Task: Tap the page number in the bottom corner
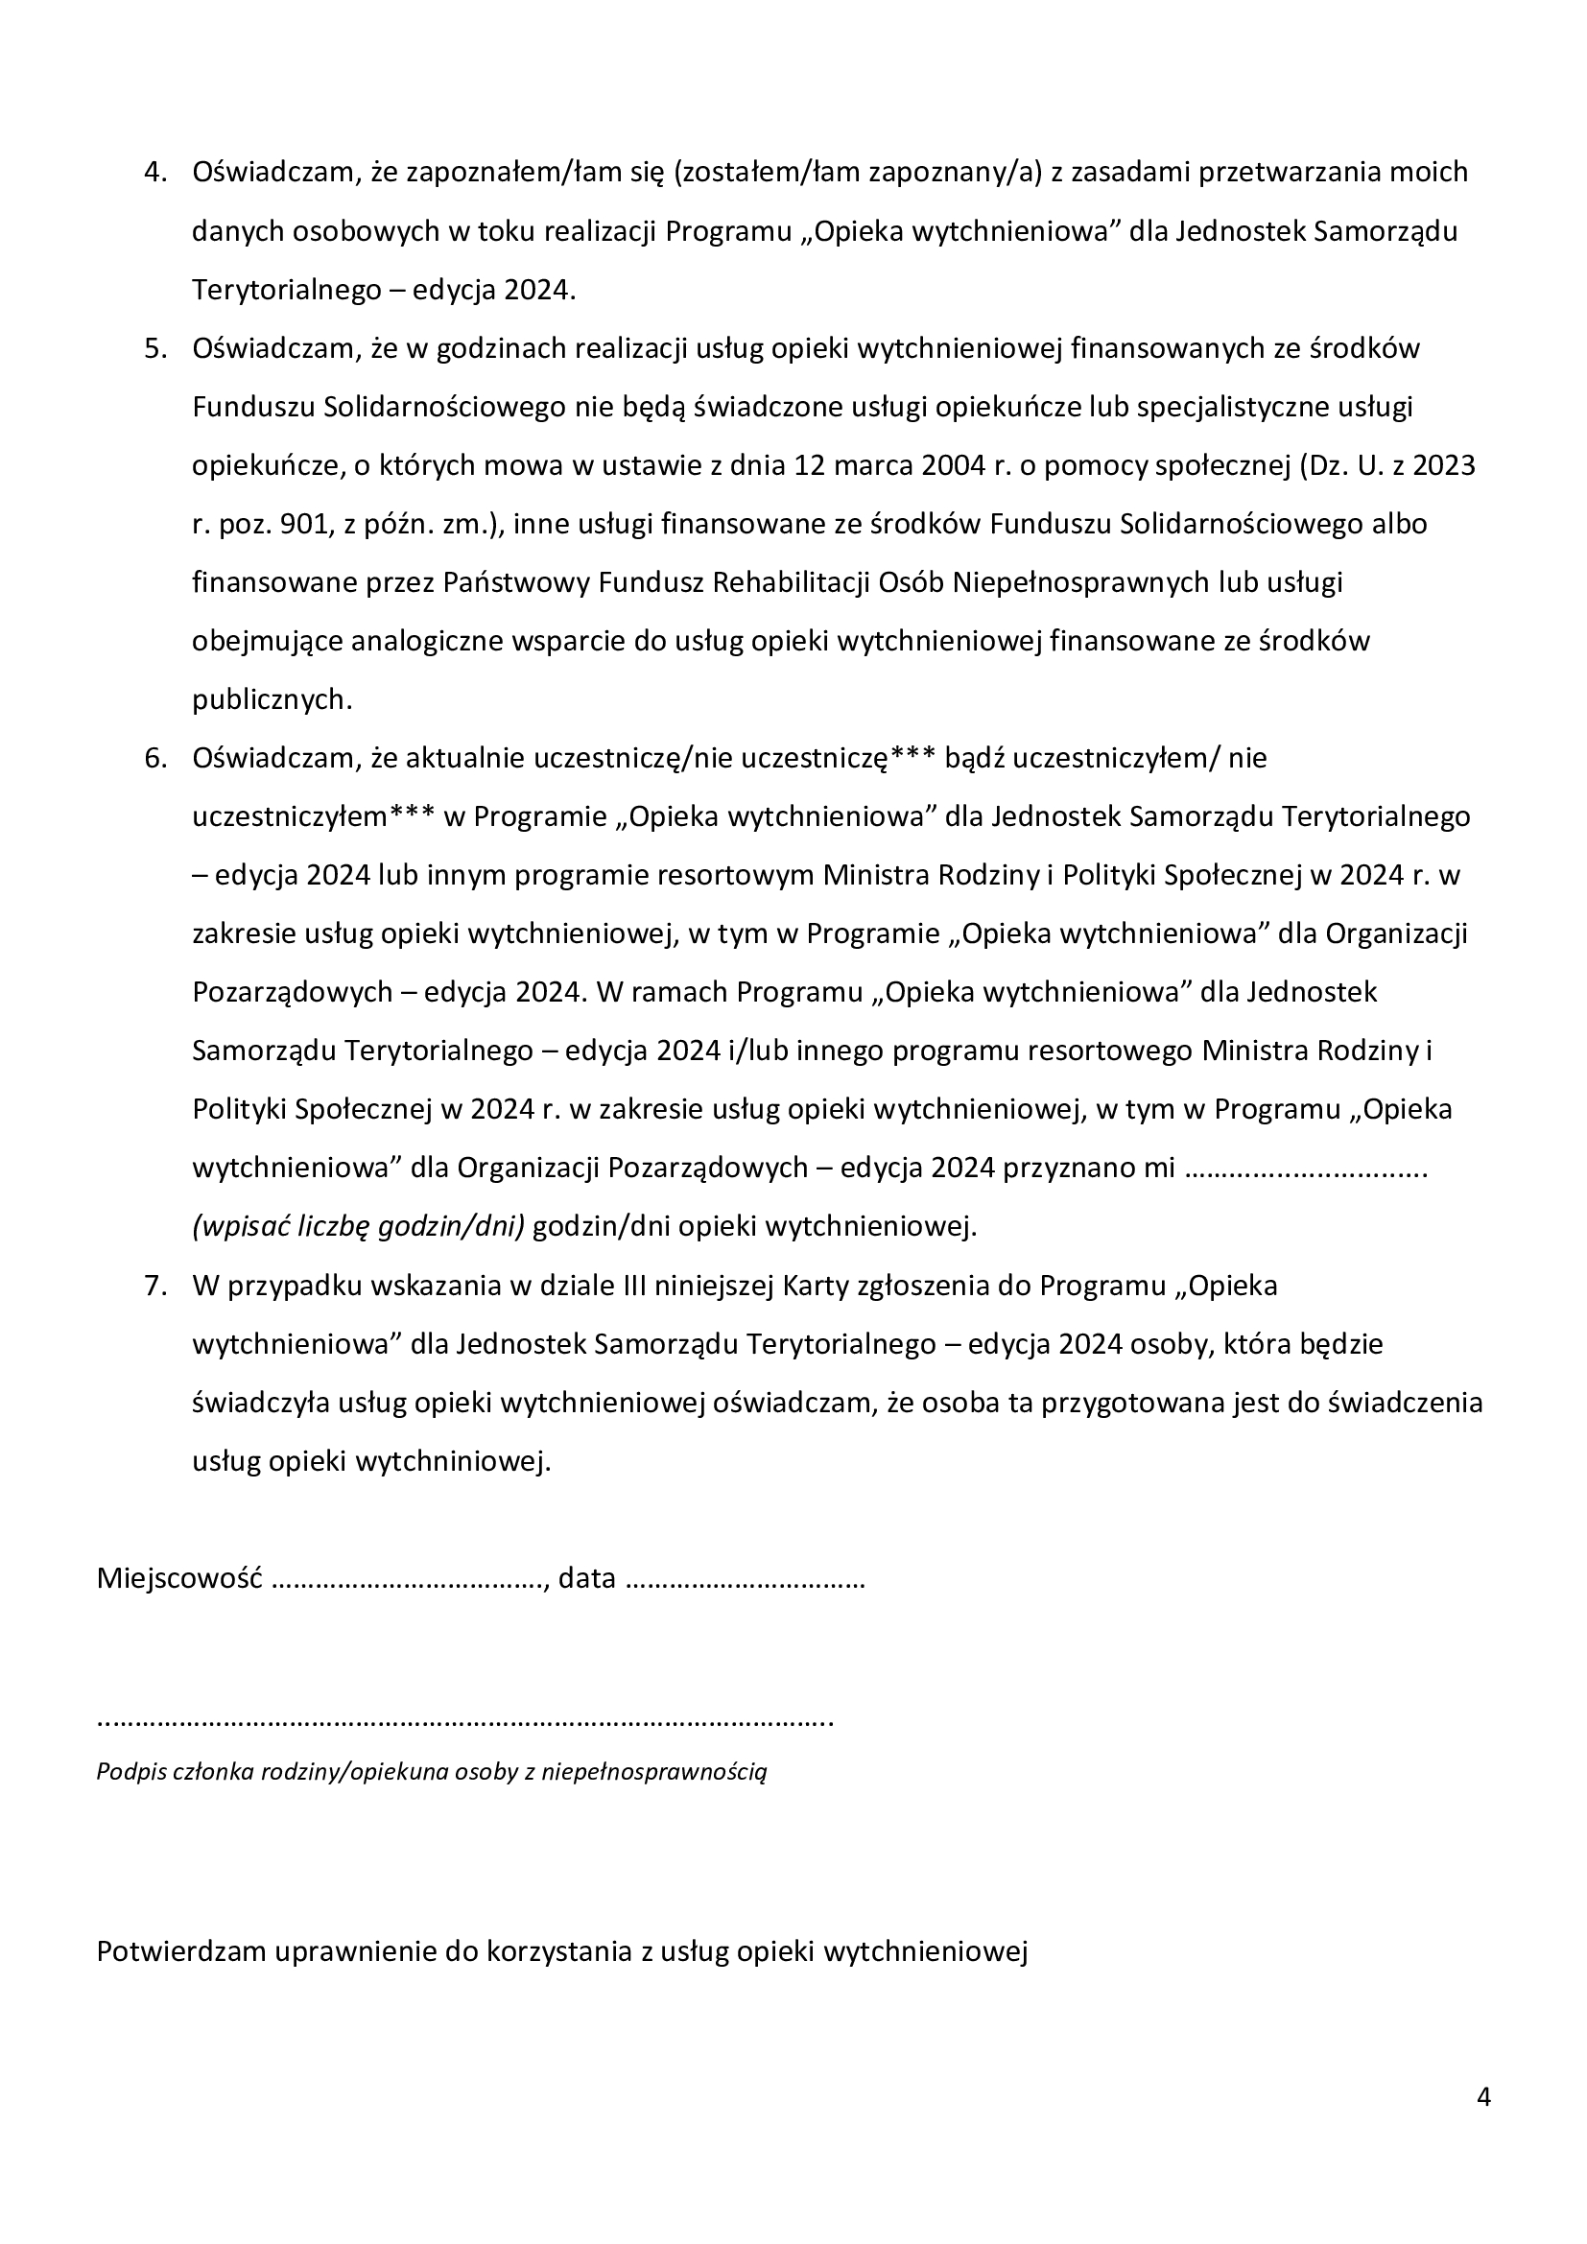coord(1483,2098)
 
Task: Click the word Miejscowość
coord(178,1579)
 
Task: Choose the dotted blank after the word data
coord(744,1581)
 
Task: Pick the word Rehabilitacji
coord(791,583)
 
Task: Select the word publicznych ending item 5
coord(271,700)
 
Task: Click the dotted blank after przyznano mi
coord(1306,1169)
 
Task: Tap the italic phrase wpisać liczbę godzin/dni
coord(359,1228)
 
